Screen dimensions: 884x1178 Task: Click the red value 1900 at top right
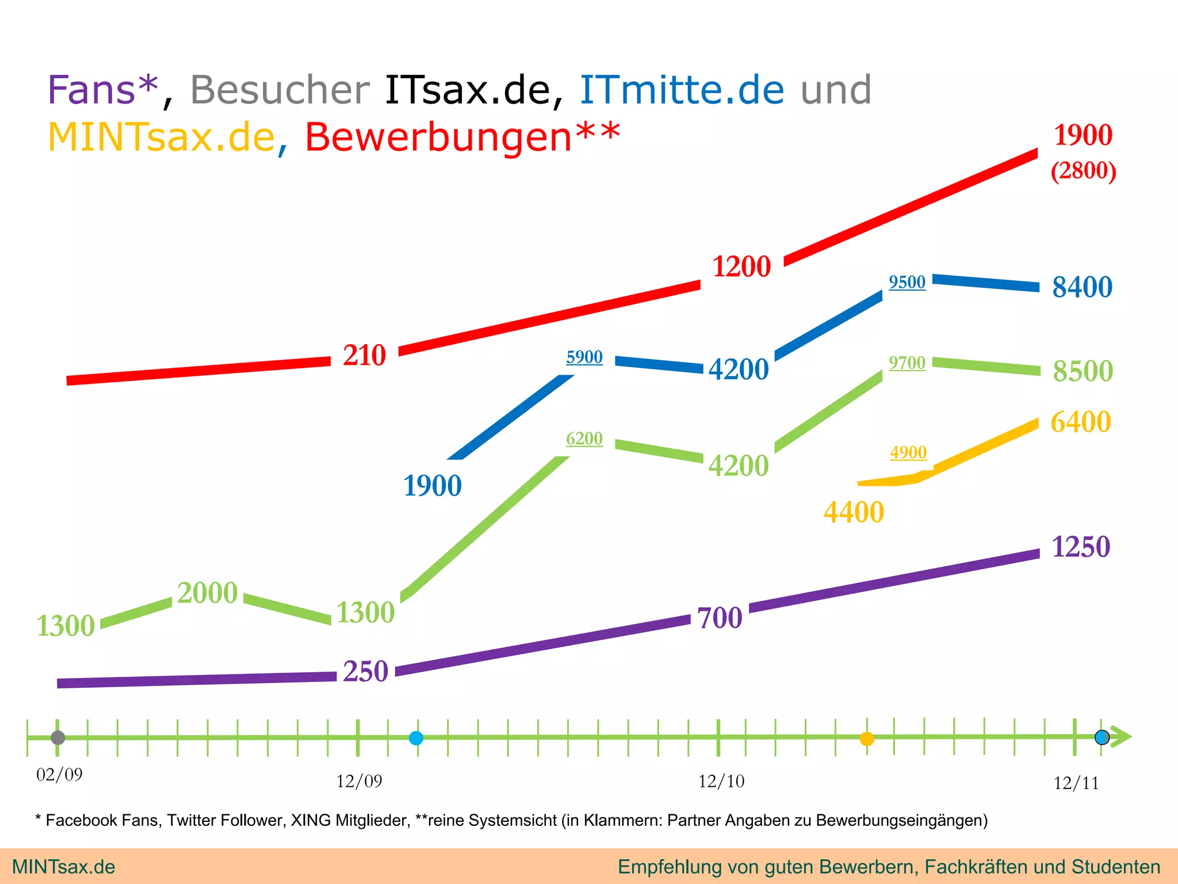(x=1083, y=135)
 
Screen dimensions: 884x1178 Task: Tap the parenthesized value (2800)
(x=1083, y=171)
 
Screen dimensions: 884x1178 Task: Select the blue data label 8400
(x=1082, y=287)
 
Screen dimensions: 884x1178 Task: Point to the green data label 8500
(x=1083, y=371)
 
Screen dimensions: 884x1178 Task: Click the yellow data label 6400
(x=1080, y=422)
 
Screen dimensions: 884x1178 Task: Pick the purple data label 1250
(x=1080, y=547)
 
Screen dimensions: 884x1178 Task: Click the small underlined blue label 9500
(x=907, y=282)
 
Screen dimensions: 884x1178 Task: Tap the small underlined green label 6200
(x=584, y=439)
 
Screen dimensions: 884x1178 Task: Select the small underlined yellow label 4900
(x=908, y=452)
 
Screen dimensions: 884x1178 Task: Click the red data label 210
(x=364, y=355)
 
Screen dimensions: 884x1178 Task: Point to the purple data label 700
(x=720, y=618)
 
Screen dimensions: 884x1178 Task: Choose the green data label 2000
(x=207, y=593)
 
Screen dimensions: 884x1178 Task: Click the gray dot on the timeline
(x=58, y=737)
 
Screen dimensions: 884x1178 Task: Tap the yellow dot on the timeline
(x=866, y=738)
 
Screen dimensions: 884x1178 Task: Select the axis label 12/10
(x=721, y=781)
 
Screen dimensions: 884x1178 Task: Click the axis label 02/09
(x=59, y=775)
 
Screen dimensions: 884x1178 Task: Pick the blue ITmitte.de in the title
(x=682, y=90)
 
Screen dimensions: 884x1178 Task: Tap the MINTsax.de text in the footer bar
(x=63, y=867)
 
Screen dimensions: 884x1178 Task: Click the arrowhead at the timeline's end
(x=1121, y=737)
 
